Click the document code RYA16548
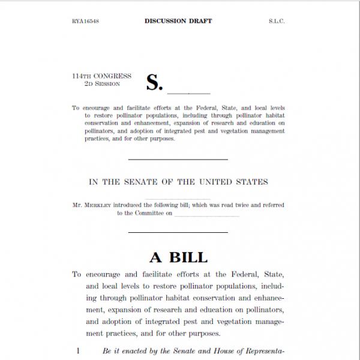[85, 22]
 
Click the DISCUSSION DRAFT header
[178, 22]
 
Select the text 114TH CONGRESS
[101, 76]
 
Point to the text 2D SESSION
[103, 84]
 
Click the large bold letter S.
[154, 83]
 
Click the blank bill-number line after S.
[188, 93]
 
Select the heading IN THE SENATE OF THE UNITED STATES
[178, 182]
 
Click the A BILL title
[178, 257]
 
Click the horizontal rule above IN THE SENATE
[178, 160]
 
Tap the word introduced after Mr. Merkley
[128, 205]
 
